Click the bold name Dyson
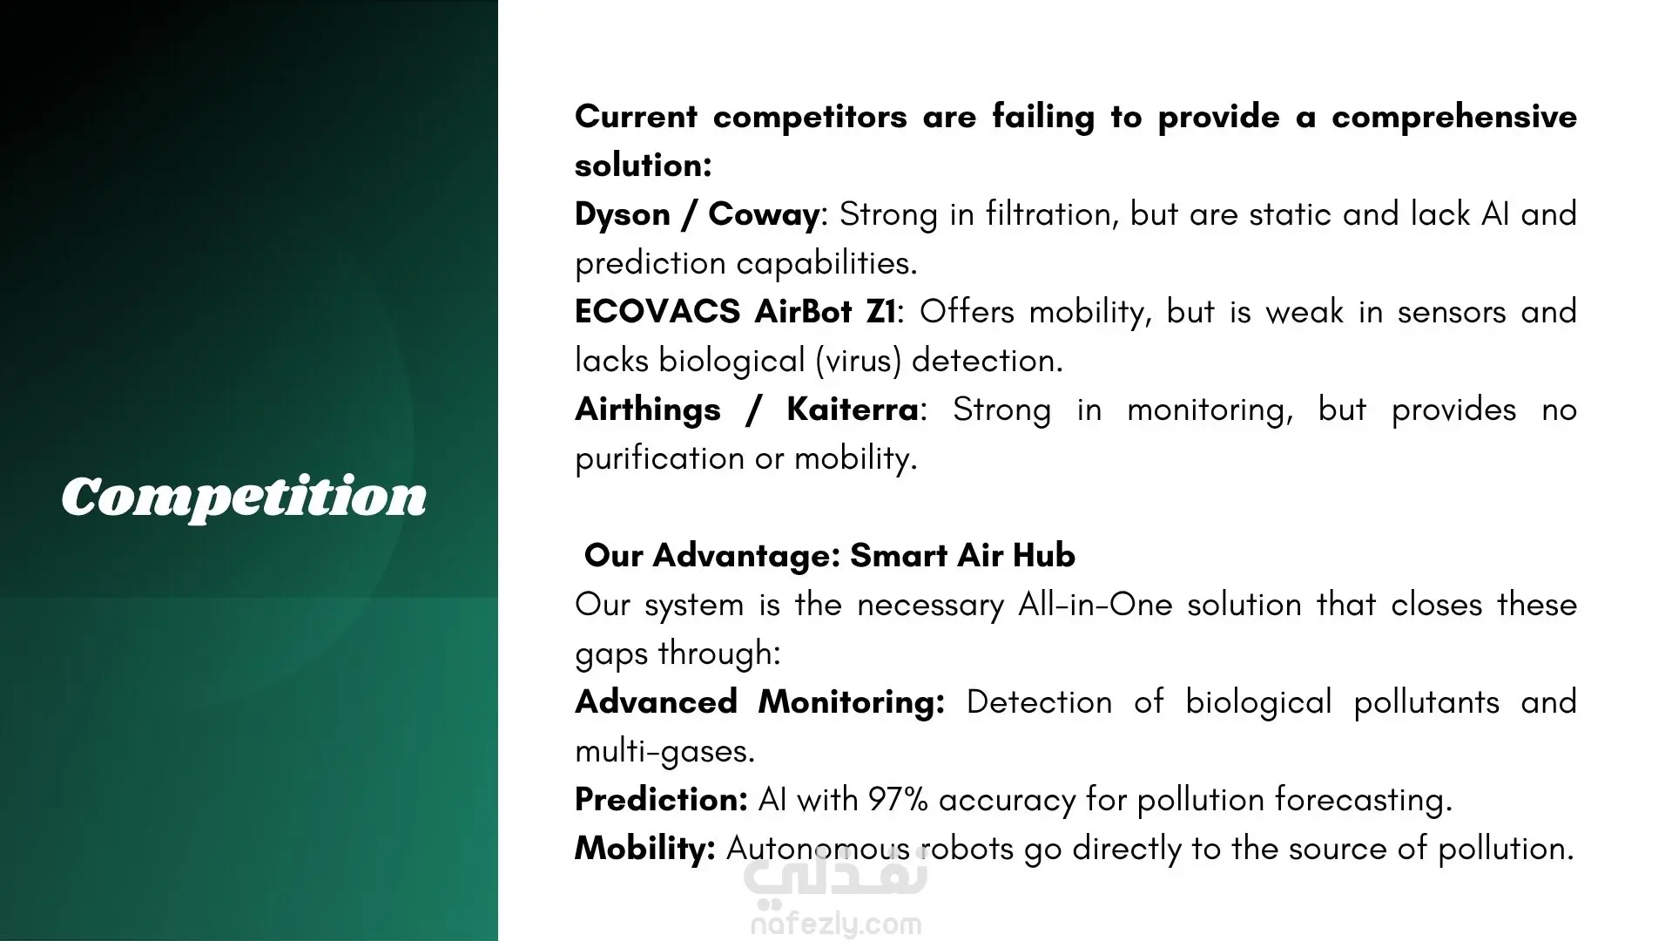[x=620, y=215]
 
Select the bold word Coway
[x=764, y=215]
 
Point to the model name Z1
[x=881, y=311]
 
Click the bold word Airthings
[x=648, y=410]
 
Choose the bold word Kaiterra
[x=853, y=409]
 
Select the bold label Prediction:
[x=661, y=799]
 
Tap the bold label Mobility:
[x=645, y=849]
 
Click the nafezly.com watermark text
[x=836, y=924]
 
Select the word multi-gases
[x=664, y=751]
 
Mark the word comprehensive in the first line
[x=1454, y=118]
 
